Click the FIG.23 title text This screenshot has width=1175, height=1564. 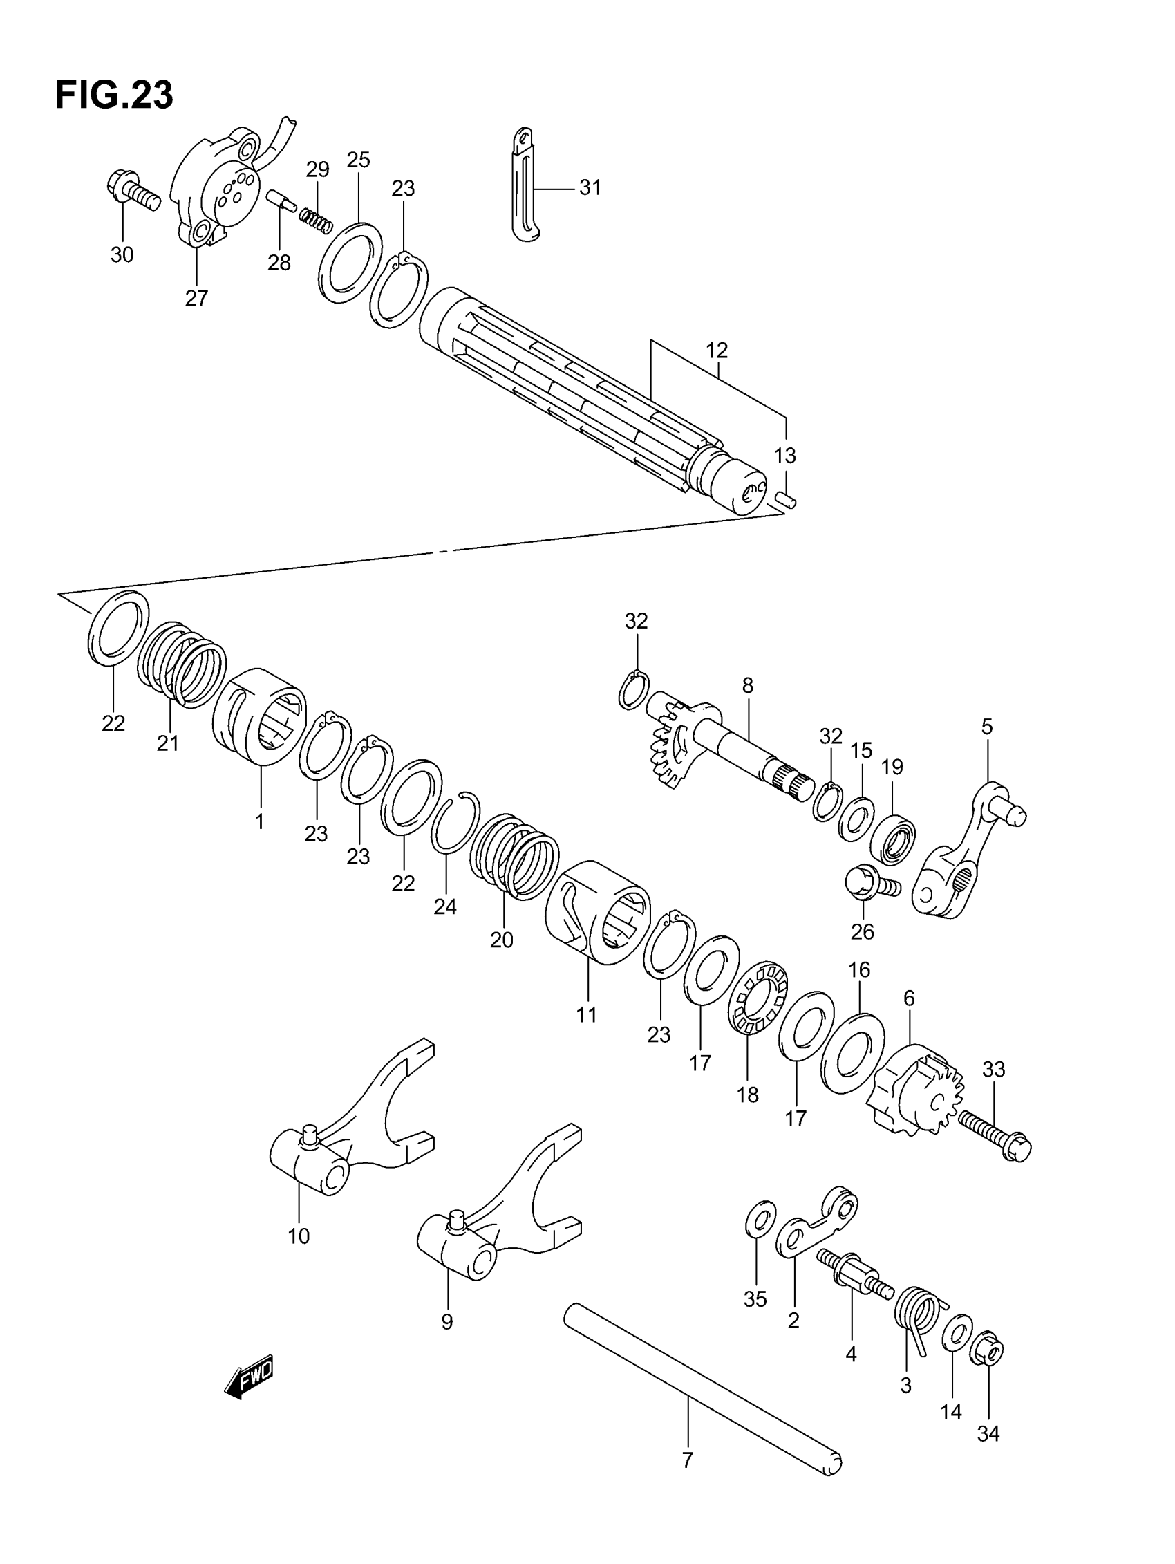click(114, 95)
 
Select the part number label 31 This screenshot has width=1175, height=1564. click(590, 188)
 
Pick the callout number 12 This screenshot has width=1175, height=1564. click(716, 351)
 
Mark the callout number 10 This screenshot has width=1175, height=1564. click(299, 1237)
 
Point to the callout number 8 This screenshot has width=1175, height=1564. click(747, 685)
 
